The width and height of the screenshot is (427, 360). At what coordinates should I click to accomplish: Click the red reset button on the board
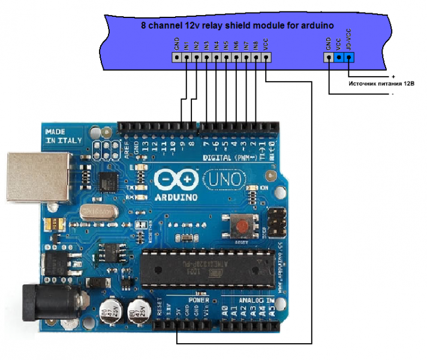point(242,227)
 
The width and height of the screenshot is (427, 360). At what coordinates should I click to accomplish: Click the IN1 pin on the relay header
point(187,58)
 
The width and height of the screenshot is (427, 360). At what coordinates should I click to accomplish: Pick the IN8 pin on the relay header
point(256,58)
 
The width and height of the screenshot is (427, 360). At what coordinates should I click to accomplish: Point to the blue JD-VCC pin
point(349,58)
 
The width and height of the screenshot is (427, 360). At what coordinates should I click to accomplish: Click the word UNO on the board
point(223,179)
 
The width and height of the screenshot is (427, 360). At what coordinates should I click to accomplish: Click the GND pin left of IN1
point(177,58)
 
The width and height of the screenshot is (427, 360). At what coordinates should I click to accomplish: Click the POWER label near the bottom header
point(199,299)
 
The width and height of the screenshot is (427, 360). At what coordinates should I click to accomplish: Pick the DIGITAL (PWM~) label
point(227,157)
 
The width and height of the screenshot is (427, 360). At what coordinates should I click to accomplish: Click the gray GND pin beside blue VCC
point(329,58)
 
